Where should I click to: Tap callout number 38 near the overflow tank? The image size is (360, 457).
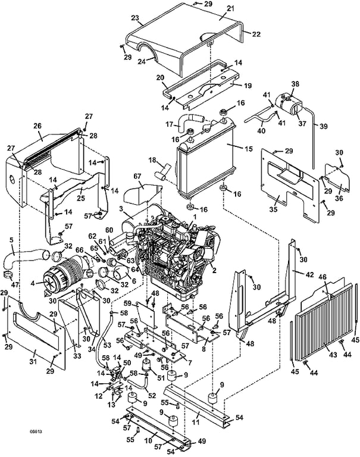click(x=296, y=84)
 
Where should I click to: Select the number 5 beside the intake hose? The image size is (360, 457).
click(x=11, y=241)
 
